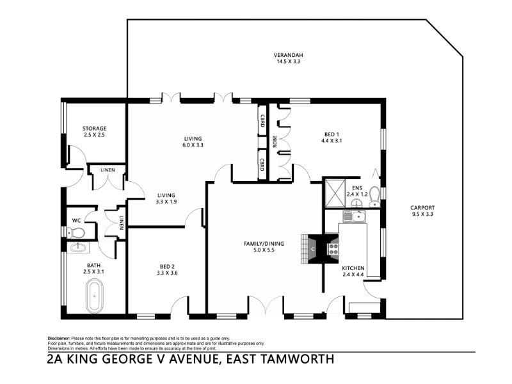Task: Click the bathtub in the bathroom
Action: click(94, 296)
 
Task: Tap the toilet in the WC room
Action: click(76, 233)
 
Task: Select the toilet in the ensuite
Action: click(374, 196)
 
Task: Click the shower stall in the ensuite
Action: click(335, 193)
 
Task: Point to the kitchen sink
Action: click(354, 216)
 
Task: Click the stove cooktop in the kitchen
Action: click(333, 249)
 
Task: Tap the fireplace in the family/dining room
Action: click(312, 249)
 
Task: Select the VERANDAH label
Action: click(286, 55)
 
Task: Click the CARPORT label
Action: click(422, 207)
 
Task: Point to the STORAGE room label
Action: click(94, 129)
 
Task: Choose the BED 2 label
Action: click(167, 267)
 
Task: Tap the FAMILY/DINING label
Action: click(264, 244)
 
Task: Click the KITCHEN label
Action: click(353, 268)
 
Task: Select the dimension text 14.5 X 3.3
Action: click(286, 61)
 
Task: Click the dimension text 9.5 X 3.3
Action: click(422, 214)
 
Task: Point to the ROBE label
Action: click(275, 141)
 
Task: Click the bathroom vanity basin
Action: click(78, 247)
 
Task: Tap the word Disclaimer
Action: click(59, 339)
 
